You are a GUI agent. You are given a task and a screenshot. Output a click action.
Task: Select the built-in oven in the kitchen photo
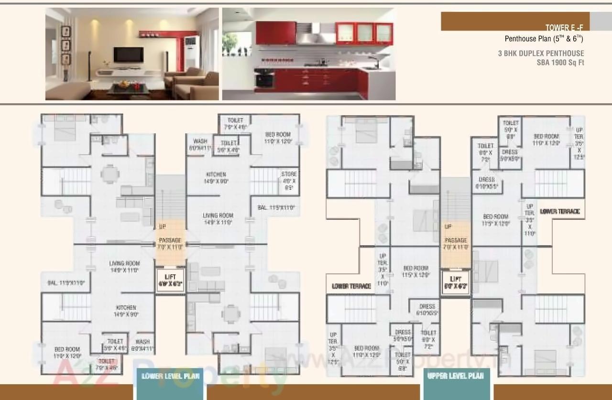click(x=264, y=78)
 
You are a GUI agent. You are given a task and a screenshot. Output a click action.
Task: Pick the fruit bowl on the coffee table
click(x=124, y=84)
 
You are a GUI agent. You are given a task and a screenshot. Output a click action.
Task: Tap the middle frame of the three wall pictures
click(x=66, y=46)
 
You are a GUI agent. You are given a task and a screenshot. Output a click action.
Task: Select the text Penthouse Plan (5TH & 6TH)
click(x=544, y=39)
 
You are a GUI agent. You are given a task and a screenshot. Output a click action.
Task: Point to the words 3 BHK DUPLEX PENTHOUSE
click(x=541, y=54)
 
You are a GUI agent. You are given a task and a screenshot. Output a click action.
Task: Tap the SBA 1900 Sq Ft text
click(x=560, y=62)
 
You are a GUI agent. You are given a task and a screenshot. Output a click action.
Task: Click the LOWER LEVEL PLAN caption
click(x=171, y=376)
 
